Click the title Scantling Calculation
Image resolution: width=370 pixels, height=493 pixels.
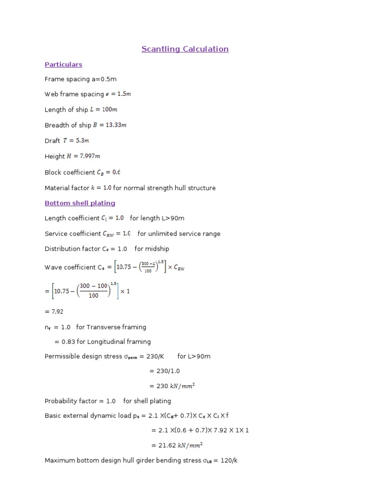point(185,49)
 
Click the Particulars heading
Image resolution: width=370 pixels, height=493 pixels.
point(63,65)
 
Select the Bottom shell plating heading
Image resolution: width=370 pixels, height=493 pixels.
point(80,203)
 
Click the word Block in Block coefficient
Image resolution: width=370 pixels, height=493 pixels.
point(53,172)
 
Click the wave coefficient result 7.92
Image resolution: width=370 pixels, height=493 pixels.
point(57,311)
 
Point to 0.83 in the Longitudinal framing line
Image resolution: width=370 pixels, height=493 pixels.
point(69,341)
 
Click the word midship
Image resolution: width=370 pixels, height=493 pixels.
point(157,249)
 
